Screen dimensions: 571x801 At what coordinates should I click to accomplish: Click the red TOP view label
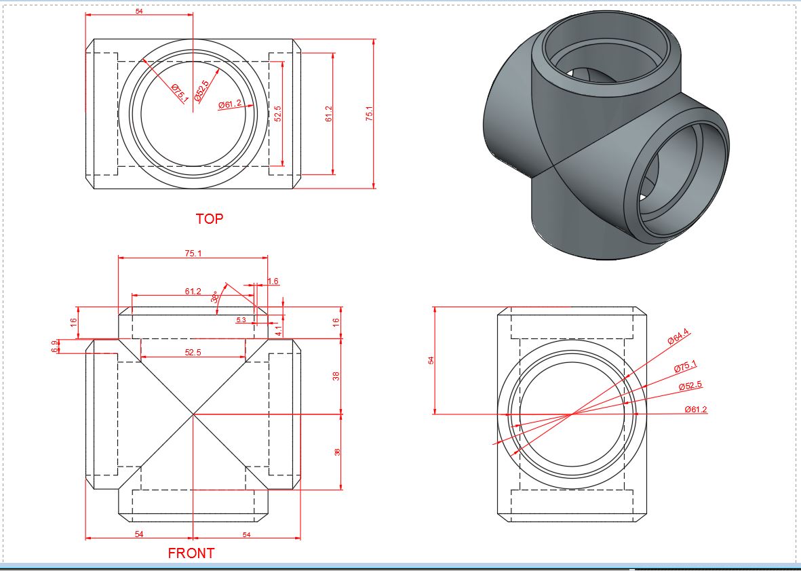(x=209, y=219)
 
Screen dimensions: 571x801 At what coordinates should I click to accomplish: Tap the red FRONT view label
(x=191, y=553)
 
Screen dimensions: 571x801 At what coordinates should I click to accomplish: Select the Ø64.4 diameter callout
(x=678, y=337)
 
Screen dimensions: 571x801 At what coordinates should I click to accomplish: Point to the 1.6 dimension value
(x=273, y=281)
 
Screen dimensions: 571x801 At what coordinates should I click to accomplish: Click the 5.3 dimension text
(x=241, y=319)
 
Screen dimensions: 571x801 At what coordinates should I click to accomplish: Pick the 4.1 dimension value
(x=278, y=330)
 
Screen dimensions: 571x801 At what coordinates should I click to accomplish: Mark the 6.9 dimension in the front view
(x=54, y=346)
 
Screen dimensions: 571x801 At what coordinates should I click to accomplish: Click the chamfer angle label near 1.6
(x=215, y=298)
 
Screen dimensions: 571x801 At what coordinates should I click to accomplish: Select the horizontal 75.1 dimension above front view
(x=193, y=253)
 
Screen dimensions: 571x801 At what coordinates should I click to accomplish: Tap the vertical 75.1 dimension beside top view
(x=370, y=113)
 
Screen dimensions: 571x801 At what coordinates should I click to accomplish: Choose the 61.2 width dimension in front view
(x=193, y=292)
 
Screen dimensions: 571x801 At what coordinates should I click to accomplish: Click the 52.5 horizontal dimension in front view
(x=193, y=352)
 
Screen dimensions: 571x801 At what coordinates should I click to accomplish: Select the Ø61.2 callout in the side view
(x=696, y=409)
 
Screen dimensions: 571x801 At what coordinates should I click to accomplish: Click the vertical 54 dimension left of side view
(x=430, y=360)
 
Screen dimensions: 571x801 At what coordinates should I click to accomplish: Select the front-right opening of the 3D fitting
(x=678, y=180)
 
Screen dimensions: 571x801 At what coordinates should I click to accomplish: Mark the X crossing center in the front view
(x=193, y=413)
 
